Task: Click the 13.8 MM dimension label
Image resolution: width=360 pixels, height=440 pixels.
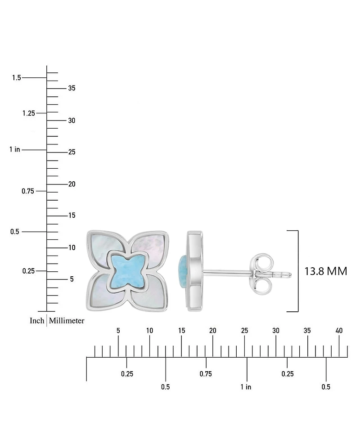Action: [326, 271]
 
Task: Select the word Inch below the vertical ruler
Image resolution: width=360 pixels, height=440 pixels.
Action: [37, 320]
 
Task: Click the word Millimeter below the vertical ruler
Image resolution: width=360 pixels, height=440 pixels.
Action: [67, 320]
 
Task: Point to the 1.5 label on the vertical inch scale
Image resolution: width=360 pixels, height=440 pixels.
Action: [17, 77]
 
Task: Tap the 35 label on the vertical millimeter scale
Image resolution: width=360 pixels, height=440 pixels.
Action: [72, 88]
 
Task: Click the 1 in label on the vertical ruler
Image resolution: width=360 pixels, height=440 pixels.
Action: [14, 149]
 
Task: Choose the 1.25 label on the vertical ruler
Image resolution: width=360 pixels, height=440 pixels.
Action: [29, 113]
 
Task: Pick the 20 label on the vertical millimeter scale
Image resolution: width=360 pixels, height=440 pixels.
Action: [72, 184]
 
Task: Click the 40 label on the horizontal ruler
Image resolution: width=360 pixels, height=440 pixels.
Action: [339, 331]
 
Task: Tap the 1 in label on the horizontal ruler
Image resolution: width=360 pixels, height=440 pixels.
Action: [246, 387]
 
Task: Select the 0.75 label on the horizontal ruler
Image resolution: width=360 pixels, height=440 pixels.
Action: [206, 374]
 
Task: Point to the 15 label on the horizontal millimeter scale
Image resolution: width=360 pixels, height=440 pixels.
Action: [181, 331]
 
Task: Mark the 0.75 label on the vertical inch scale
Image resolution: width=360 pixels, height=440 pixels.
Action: [28, 191]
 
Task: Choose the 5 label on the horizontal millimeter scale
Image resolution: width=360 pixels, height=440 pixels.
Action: [118, 331]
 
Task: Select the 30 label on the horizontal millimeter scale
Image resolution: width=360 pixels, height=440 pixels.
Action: [276, 331]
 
